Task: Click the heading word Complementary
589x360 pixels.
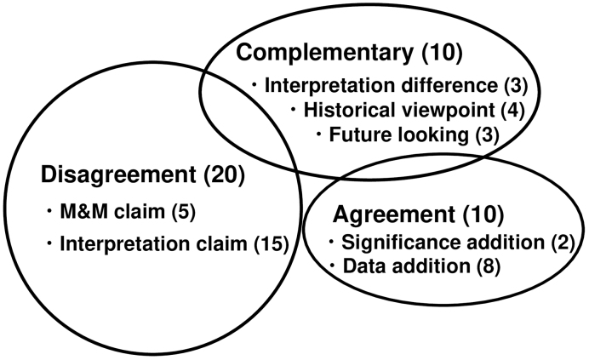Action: point(324,53)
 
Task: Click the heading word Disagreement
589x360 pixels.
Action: point(118,174)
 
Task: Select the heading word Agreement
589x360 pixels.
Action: point(394,214)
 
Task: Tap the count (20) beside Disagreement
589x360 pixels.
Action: point(224,174)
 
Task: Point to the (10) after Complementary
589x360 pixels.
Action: point(442,53)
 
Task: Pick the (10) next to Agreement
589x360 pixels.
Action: point(483,214)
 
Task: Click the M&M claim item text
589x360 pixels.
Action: point(112,212)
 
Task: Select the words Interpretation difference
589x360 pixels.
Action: point(381,85)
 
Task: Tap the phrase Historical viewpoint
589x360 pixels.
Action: point(399,110)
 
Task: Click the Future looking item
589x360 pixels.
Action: point(399,134)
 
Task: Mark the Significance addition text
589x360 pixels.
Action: point(443,243)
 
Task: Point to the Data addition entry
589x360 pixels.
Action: point(407,266)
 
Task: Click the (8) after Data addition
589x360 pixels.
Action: point(489,266)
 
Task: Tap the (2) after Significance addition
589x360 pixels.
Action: point(563,243)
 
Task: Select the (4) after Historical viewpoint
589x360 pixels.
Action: point(513,111)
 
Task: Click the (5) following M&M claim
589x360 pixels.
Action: point(184,212)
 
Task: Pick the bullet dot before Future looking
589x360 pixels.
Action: point(319,134)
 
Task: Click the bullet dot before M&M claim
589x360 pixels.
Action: point(49,211)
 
